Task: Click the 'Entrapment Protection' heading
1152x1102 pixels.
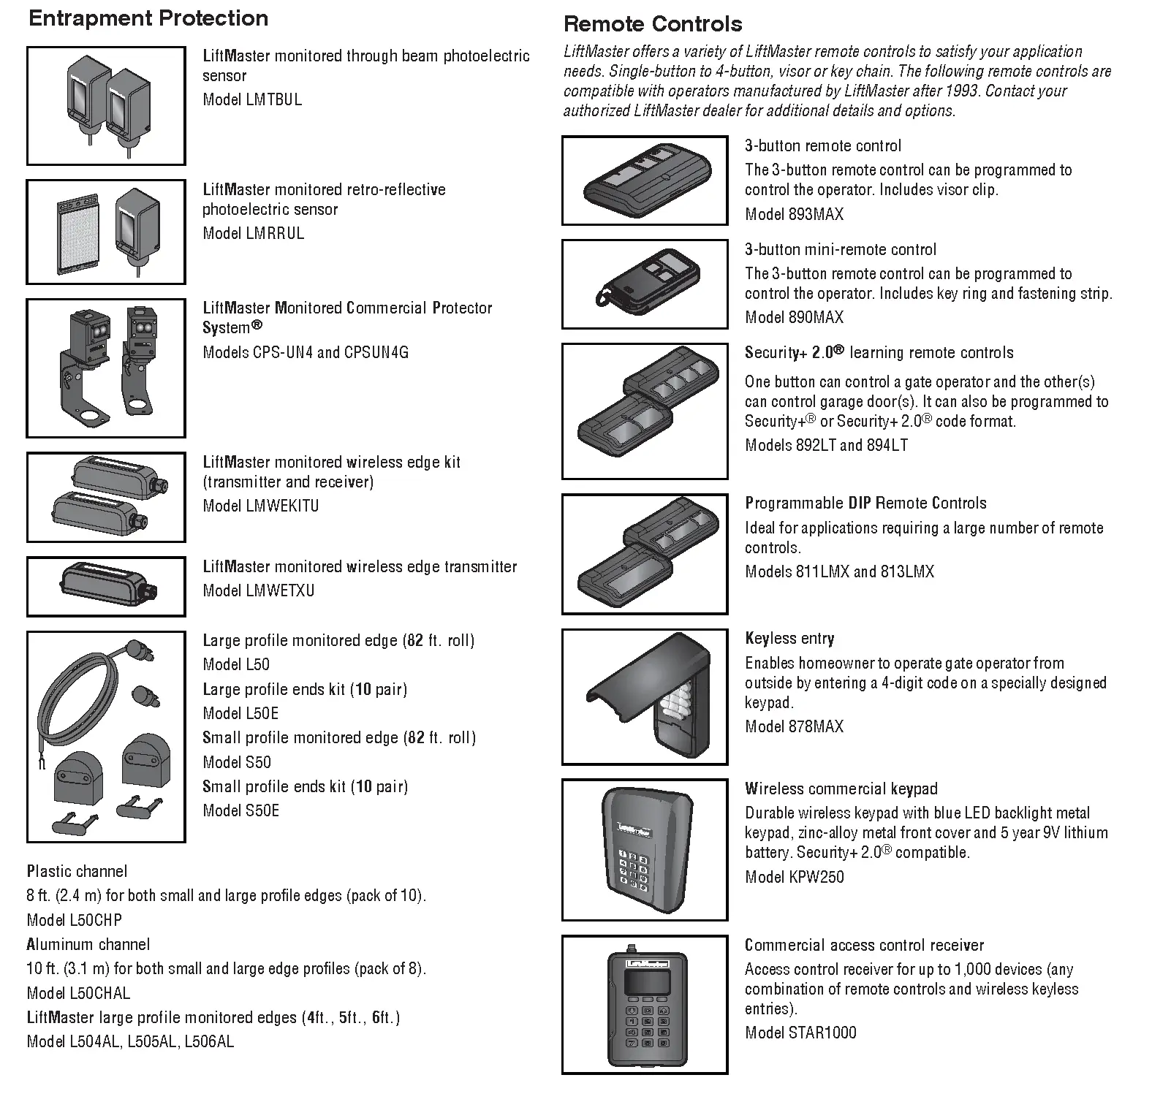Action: [148, 18]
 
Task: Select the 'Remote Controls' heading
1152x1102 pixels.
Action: [653, 24]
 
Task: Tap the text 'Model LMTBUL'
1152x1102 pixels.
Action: [252, 100]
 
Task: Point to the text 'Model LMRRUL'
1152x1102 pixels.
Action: [253, 234]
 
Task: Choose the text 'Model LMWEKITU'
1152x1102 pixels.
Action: [260, 506]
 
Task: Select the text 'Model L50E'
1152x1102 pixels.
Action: [240, 713]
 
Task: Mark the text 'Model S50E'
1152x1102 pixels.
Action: [240, 810]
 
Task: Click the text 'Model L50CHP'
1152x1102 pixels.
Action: [75, 920]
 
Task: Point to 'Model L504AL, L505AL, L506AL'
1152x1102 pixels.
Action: [130, 1042]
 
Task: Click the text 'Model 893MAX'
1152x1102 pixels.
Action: [794, 215]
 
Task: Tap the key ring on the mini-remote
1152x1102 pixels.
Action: [605, 299]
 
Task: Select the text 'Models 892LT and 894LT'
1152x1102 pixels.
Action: [826, 445]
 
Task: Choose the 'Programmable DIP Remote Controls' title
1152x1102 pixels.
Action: [865, 503]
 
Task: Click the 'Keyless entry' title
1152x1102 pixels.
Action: [789, 639]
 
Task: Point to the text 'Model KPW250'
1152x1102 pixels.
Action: [794, 877]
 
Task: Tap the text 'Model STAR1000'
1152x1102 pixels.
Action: [800, 1033]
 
